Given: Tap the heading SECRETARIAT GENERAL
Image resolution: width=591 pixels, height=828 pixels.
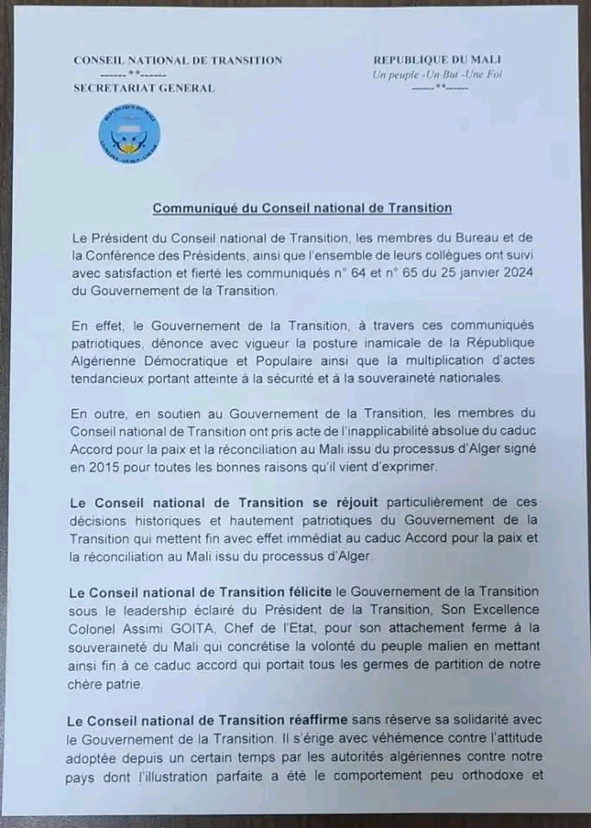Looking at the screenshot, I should [x=144, y=88].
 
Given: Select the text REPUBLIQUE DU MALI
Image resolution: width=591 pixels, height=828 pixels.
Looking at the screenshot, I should [x=438, y=60].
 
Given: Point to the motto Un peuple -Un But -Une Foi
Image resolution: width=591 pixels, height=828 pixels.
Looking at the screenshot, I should [x=437, y=74].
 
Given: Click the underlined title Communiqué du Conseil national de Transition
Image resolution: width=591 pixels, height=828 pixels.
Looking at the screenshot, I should [x=302, y=207].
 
